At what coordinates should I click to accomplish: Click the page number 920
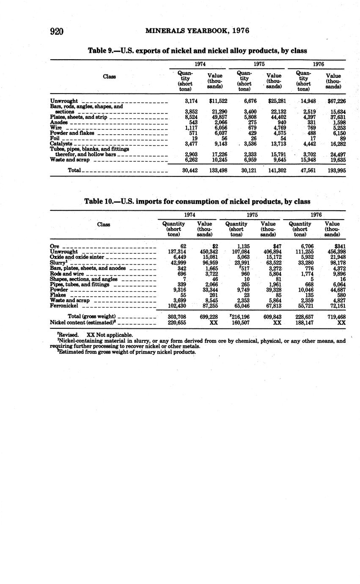click(56, 31)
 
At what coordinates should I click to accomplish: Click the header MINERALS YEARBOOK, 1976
click(197, 30)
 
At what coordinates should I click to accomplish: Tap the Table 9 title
click(197, 51)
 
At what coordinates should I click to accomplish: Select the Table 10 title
click(197, 201)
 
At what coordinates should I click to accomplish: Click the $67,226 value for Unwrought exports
click(336, 101)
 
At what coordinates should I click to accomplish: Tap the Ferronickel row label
click(64, 306)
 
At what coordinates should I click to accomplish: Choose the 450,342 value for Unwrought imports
click(209, 252)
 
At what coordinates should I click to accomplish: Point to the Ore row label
click(55, 246)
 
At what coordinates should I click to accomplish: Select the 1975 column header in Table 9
click(259, 64)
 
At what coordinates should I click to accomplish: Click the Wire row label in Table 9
click(56, 127)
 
